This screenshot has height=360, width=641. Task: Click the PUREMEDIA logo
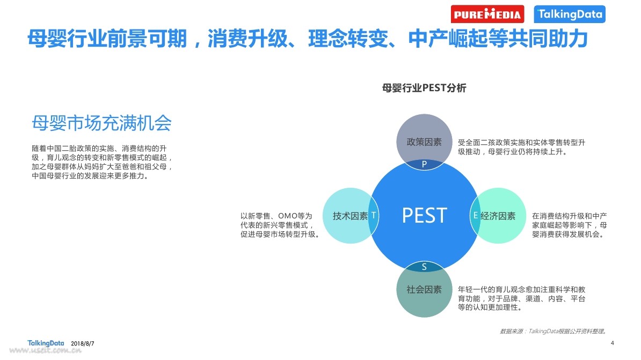point(487,14)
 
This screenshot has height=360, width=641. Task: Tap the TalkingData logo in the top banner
point(570,14)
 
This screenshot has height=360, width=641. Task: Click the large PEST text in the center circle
point(424,215)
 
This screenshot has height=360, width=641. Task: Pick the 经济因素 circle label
point(498,216)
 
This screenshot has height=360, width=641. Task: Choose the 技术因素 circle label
point(350,216)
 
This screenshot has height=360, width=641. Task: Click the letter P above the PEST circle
point(424,164)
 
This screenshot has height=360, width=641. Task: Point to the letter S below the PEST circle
point(424,267)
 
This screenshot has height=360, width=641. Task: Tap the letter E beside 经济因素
point(476,215)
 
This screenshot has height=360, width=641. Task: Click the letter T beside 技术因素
point(373,215)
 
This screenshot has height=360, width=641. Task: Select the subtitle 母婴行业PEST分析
point(424,88)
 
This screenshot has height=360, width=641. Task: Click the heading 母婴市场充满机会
point(101,123)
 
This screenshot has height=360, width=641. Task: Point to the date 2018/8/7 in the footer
point(83,344)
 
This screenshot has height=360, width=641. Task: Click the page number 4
point(612,343)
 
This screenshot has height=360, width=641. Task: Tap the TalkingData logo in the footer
point(46,343)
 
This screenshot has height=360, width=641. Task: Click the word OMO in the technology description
point(288,216)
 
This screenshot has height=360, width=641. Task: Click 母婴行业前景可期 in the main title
point(107,39)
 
